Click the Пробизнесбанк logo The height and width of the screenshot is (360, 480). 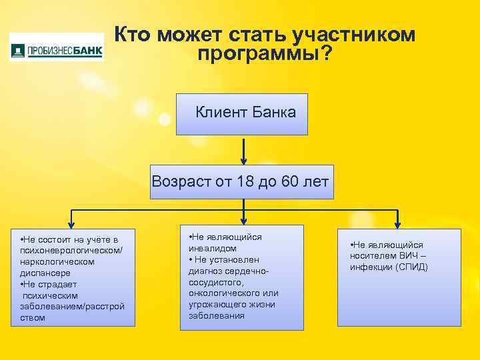(x=57, y=49)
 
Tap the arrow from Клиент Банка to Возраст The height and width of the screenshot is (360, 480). (x=245, y=151)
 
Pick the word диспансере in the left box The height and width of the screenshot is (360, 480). (x=44, y=273)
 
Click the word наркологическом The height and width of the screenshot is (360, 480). (x=57, y=261)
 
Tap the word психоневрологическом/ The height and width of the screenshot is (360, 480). (x=63, y=250)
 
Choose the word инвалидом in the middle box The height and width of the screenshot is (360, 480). (x=213, y=248)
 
